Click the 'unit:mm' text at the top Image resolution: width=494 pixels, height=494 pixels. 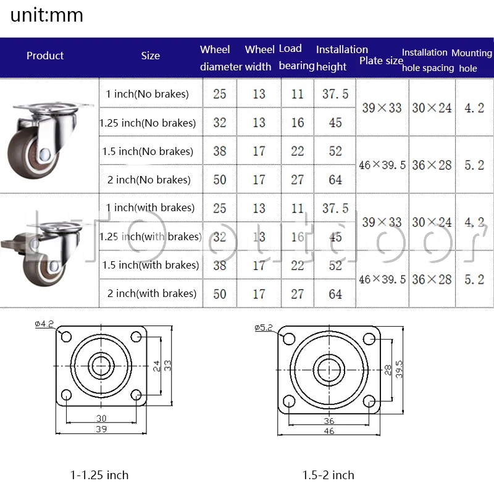pos(47,15)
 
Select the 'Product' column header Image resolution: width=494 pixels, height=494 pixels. pos(45,56)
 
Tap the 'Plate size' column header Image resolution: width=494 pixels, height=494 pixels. pos(381,61)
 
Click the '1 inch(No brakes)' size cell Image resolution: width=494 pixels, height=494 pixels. pos(147,94)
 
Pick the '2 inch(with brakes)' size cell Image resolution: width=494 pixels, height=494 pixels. pos(152,293)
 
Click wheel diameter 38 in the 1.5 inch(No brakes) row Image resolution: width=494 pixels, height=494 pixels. pos(220,151)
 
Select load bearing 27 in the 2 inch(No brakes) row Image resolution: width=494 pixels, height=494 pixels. pos(297,180)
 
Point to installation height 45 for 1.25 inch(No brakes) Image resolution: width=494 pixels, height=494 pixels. pos(335,122)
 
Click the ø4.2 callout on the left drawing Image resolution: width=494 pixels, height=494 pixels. pos(44,324)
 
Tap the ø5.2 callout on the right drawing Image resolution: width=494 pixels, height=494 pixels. pos(264,328)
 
